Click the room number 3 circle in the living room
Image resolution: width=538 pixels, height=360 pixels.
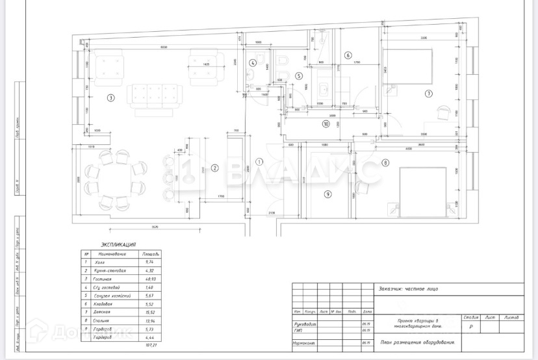click(111, 98)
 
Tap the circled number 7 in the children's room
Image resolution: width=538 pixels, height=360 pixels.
click(428, 94)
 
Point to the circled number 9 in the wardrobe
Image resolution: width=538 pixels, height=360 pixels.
click(328, 194)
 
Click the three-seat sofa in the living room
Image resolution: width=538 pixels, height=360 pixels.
click(155, 95)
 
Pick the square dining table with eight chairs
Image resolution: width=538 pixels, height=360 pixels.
click(115, 177)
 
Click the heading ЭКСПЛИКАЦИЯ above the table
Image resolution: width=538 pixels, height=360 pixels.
click(118, 244)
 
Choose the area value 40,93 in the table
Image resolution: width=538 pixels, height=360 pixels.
click(151, 279)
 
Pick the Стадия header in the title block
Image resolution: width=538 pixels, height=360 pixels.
click(471, 317)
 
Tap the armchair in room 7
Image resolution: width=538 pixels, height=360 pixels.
click(444, 112)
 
